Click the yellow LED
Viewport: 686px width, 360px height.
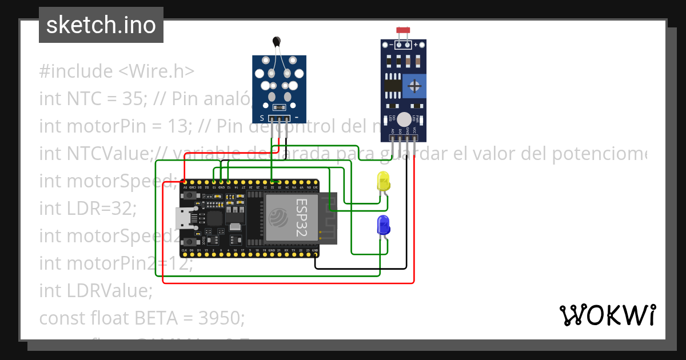tap(383, 182)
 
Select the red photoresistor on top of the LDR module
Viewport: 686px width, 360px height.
tap(404, 30)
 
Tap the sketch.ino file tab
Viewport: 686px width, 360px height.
tap(101, 25)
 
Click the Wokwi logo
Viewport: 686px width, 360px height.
tap(607, 315)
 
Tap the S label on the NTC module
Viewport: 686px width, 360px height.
tap(262, 118)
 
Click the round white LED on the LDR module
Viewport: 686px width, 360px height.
tap(404, 119)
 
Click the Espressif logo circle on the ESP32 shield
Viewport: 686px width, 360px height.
tap(278, 217)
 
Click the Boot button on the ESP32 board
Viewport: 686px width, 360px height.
tap(189, 242)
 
